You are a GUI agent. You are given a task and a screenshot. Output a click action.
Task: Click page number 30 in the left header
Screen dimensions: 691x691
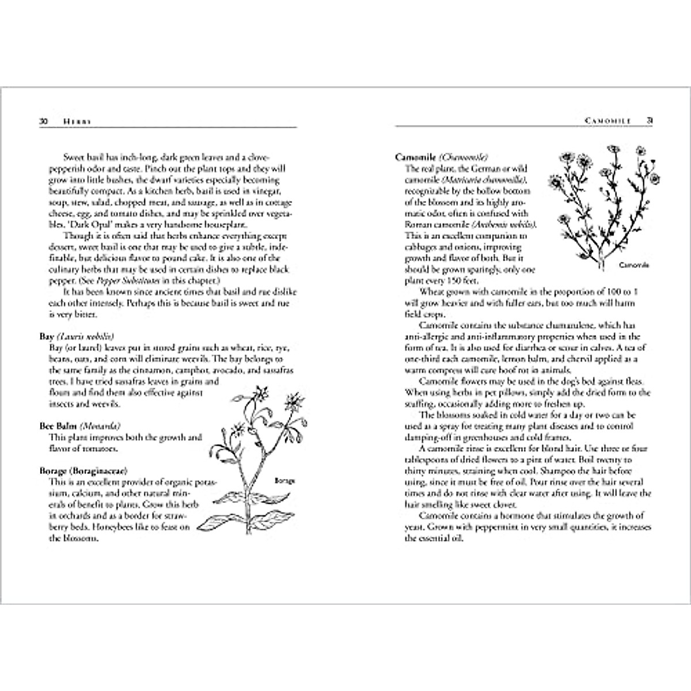[43, 122]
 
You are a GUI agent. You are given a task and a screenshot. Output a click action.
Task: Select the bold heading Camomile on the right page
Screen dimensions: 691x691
[416, 157]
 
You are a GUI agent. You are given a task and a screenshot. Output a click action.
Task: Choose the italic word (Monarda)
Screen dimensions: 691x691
[100, 427]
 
